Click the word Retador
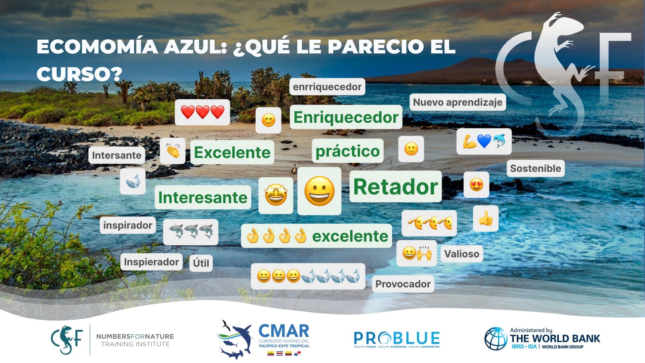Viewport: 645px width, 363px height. coord(396,187)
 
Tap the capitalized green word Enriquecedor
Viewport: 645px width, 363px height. coord(346,117)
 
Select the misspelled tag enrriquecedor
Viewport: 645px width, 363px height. coord(327,87)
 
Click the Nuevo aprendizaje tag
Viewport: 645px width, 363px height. coord(458,102)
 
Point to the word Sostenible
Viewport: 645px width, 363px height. coord(535,168)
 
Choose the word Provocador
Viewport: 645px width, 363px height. coord(403,284)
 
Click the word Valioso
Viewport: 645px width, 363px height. coord(462,254)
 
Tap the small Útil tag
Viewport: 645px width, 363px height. coord(201,263)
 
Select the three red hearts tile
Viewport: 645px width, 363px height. coord(202,112)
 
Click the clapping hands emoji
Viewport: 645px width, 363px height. coord(173,151)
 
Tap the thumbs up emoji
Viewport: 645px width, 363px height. coord(486,219)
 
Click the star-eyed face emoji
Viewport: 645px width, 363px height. coord(276,196)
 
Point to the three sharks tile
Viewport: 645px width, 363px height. coord(190,232)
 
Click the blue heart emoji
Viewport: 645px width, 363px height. coord(484,141)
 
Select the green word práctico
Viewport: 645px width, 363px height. coord(347,151)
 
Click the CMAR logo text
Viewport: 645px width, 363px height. coord(284,331)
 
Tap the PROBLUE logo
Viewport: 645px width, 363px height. coord(397,339)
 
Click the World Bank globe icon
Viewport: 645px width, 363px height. coord(496,338)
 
